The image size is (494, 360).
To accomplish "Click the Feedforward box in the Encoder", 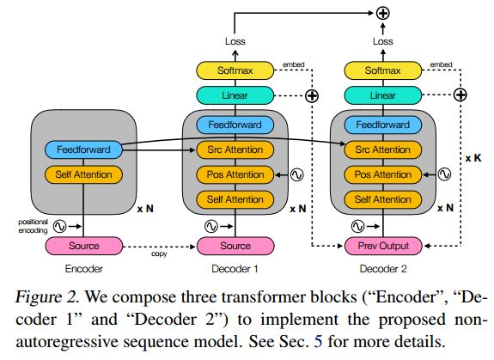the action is coord(83,149).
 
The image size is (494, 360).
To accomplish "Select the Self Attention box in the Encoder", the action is coord(83,174).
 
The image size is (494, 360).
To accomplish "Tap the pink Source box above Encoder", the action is coord(84,246).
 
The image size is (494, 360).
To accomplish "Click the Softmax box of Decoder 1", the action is coord(235,70).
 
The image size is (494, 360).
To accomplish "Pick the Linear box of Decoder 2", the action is coord(383,95).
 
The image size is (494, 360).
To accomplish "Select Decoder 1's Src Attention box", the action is coord(235,149).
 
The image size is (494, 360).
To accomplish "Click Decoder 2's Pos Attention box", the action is coord(383,174).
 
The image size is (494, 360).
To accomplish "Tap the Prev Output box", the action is coord(383,246).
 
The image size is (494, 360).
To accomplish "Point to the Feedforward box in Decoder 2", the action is coord(383,125).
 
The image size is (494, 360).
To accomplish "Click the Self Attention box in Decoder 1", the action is coord(235,199).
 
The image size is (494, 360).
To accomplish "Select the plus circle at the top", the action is coord(383,13).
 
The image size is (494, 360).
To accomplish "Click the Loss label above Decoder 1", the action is coord(235,41).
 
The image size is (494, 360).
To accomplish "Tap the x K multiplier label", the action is coord(473,158).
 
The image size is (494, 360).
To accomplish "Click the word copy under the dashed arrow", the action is coord(159,253).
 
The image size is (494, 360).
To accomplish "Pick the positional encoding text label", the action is coord(33,226).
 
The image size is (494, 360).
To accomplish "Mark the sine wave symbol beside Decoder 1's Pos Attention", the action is coord(296,174).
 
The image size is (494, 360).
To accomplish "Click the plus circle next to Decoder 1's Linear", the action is coord(312,95).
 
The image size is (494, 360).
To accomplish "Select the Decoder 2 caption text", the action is coord(383,269).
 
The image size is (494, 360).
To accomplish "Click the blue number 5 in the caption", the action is coord(318,341).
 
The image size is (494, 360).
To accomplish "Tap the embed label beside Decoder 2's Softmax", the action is coord(441,64).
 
